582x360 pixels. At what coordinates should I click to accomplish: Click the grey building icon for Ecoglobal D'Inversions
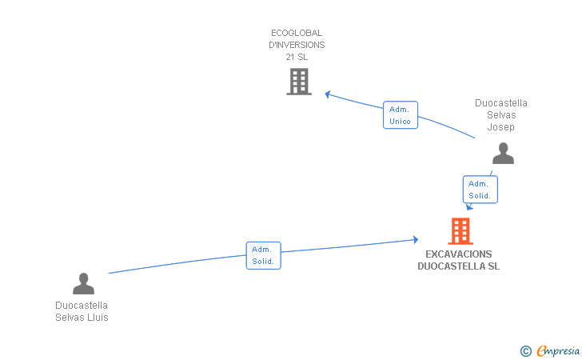pyautogui.click(x=298, y=81)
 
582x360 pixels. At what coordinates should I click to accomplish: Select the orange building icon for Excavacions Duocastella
pyautogui.click(x=460, y=231)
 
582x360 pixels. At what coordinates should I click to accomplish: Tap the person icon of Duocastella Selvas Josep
pyautogui.click(x=503, y=153)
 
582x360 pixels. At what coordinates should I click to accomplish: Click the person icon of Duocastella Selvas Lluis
pyautogui.click(x=83, y=283)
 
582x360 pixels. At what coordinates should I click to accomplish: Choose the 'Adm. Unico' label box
pyautogui.click(x=401, y=115)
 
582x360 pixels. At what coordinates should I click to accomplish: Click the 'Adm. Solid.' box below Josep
pyautogui.click(x=480, y=190)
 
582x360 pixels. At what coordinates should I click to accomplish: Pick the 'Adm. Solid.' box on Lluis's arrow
pyautogui.click(x=263, y=255)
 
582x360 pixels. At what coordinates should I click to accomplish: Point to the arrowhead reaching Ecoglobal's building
pyautogui.click(x=328, y=94)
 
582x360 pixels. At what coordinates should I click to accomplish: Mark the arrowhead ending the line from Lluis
pyautogui.click(x=415, y=239)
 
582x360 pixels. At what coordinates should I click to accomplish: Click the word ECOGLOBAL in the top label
pyautogui.click(x=297, y=33)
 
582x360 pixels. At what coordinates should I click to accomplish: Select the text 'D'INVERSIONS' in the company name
pyautogui.click(x=297, y=45)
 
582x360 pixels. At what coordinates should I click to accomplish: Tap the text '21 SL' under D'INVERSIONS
pyautogui.click(x=297, y=57)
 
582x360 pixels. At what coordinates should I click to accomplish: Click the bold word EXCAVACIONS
pyautogui.click(x=459, y=254)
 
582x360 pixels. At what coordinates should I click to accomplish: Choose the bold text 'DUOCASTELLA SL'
pyautogui.click(x=459, y=266)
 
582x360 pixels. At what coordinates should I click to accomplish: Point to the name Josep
pyautogui.click(x=501, y=127)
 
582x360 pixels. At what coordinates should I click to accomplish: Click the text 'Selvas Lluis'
pyautogui.click(x=82, y=318)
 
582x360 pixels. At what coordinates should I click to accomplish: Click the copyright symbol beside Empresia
pyautogui.click(x=526, y=350)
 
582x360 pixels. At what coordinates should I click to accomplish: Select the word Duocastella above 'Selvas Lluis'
pyautogui.click(x=82, y=306)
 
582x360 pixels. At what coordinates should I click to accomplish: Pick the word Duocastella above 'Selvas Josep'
pyautogui.click(x=501, y=103)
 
